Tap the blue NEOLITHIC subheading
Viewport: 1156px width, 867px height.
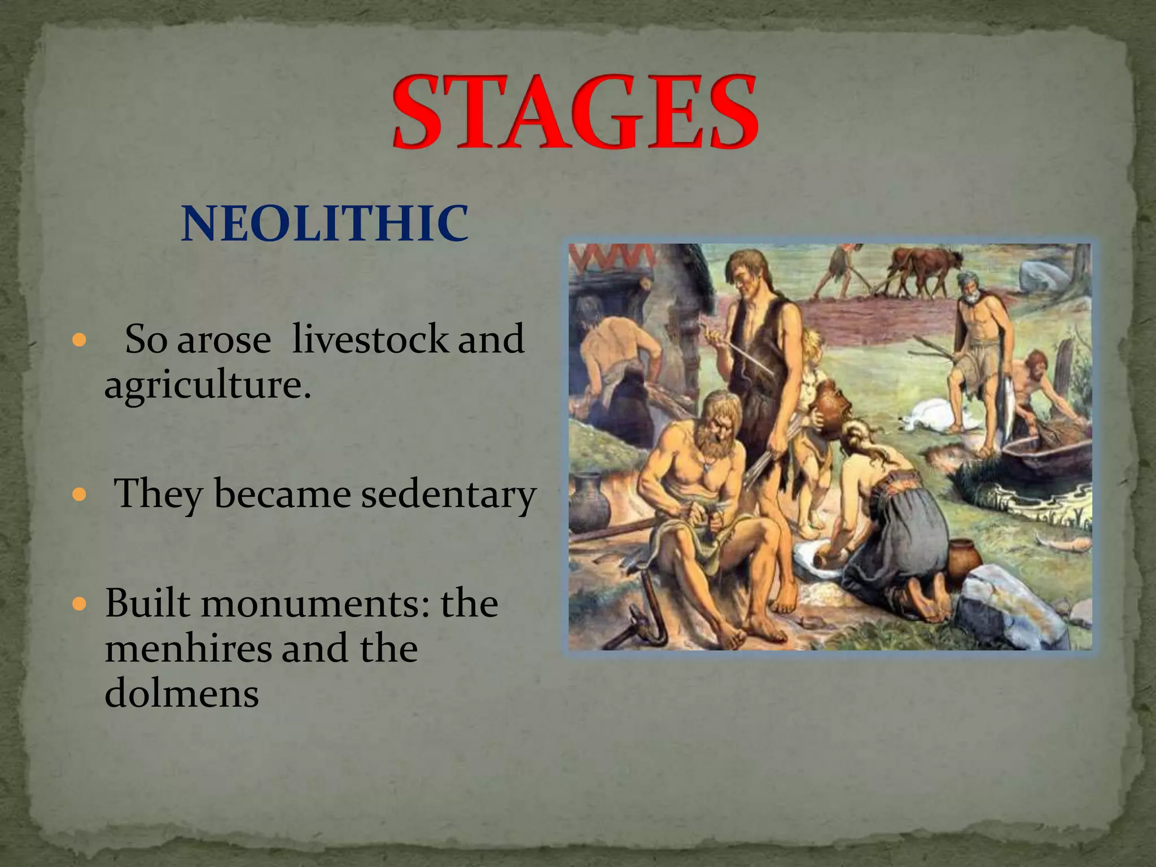click(x=325, y=224)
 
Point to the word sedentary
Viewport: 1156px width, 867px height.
click(x=448, y=494)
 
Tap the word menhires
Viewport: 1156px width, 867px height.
click(x=189, y=649)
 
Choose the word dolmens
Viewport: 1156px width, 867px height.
click(x=182, y=693)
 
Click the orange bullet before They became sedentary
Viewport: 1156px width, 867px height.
click(x=80, y=496)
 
